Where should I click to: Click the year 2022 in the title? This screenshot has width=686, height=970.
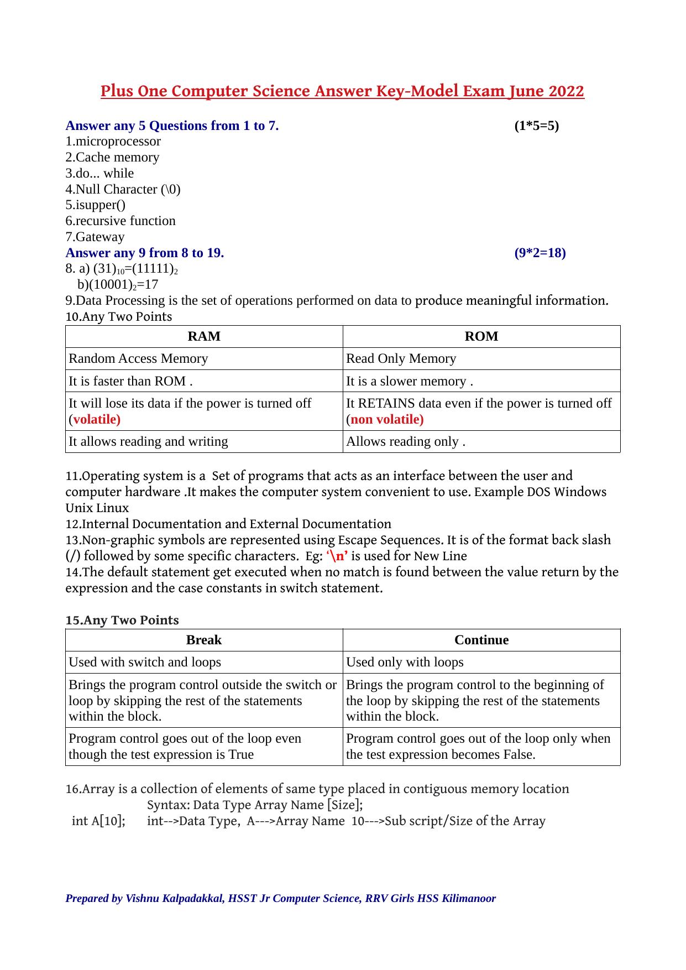click(x=567, y=91)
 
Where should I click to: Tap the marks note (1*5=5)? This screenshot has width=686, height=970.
click(x=536, y=126)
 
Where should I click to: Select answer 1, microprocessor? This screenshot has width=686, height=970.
click(x=113, y=142)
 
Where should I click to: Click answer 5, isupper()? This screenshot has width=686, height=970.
click(x=96, y=205)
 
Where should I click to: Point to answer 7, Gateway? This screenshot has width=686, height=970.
click(x=95, y=237)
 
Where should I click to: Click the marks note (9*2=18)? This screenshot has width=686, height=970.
click(x=540, y=253)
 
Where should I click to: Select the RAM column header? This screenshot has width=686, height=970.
click(x=204, y=336)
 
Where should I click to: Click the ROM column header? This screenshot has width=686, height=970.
click(x=481, y=336)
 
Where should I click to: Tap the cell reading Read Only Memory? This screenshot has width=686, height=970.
click(x=401, y=359)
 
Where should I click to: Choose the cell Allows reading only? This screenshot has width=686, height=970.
click(x=405, y=442)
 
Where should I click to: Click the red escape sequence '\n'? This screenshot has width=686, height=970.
click(x=337, y=556)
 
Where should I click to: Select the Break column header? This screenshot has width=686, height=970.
click(x=204, y=640)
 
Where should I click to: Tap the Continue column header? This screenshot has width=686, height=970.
click(x=481, y=640)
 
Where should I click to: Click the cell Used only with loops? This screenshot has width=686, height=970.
click(x=405, y=663)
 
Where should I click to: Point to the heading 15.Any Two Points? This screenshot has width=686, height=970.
click(x=122, y=620)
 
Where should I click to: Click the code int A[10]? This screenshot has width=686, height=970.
click(x=98, y=821)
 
